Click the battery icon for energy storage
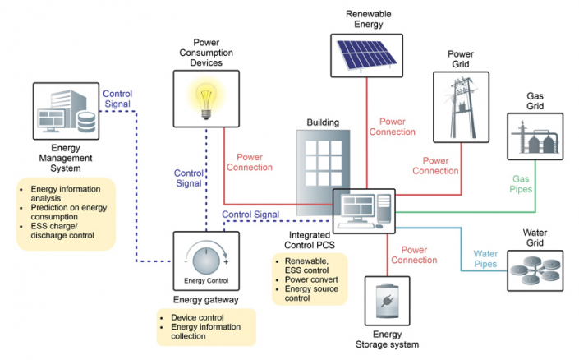pyautogui.click(x=387, y=301)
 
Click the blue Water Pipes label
pyautogui.click(x=491, y=259)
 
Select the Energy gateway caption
pyautogui.click(x=206, y=300)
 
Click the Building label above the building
pyautogui.click(x=323, y=122)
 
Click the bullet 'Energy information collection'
pyautogui.click(x=209, y=331)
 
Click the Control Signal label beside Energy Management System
pyautogui.click(x=117, y=99)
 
